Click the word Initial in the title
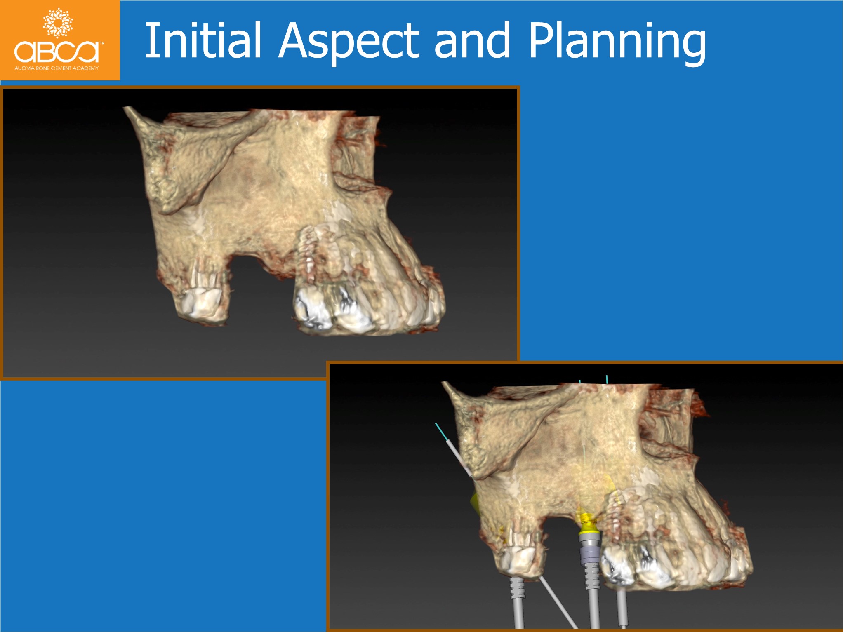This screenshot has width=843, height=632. pyautogui.click(x=203, y=40)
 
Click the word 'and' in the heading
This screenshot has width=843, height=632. pyautogui.click(x=473, y=40)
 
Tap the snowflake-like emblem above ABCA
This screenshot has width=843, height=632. pyautogui.click(x=58, y=22)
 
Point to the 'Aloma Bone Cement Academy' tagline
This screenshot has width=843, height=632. pyautogui.click(x=57, y=68)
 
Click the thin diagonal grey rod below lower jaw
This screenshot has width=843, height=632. pyautogui.click(x=559, y=604)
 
